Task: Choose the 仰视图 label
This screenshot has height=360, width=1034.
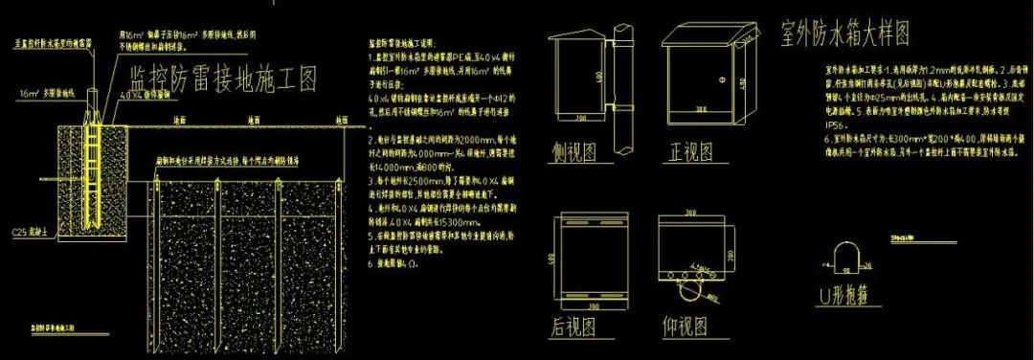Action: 686,326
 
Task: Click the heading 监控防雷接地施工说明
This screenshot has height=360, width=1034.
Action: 401,44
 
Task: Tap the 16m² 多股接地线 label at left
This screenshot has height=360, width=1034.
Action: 41,95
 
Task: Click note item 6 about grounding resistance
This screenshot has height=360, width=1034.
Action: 387,261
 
